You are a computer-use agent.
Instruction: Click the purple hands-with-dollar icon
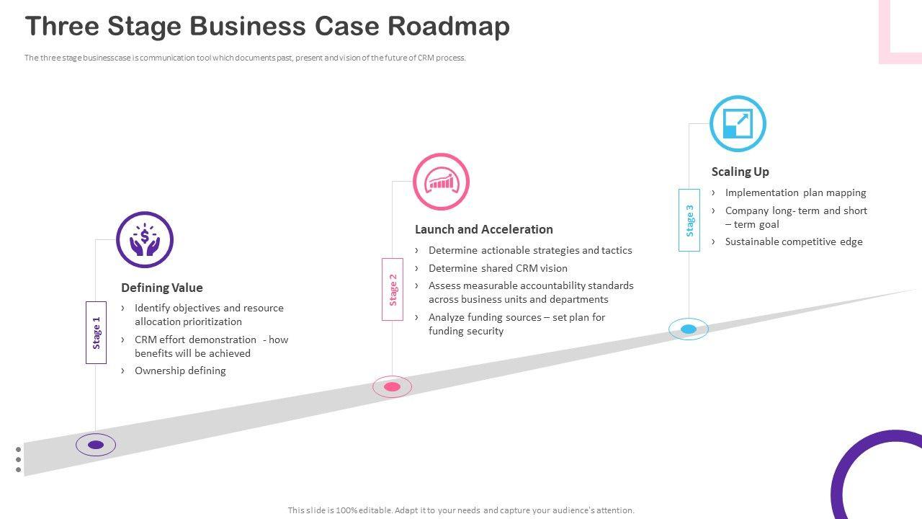[145, 240]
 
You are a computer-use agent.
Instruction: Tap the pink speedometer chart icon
[441, 182]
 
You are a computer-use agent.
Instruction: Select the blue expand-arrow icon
[738, 123]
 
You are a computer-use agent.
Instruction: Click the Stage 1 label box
[96, 332]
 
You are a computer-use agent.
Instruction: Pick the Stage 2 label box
[393, 289]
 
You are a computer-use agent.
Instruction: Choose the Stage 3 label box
[689, 220]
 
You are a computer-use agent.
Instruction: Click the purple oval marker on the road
[96, 445]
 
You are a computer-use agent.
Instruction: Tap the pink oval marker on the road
[392, 387]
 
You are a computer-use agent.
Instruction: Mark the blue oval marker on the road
[689, 329]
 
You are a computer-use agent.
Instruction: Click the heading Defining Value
[162, 288]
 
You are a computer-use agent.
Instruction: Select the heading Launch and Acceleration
[484, 229]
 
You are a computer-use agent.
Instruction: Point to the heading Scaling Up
[740, 172]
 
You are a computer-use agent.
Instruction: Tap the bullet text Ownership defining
[180, 371]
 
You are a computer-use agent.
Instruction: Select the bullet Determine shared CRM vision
[498, 268]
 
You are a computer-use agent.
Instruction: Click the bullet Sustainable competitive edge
[794, 241]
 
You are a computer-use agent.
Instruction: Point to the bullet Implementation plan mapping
[795, 192]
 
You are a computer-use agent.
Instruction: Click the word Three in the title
[61, 26]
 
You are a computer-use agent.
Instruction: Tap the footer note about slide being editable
[461, 510]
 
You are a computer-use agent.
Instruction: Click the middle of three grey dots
[19, 459]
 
